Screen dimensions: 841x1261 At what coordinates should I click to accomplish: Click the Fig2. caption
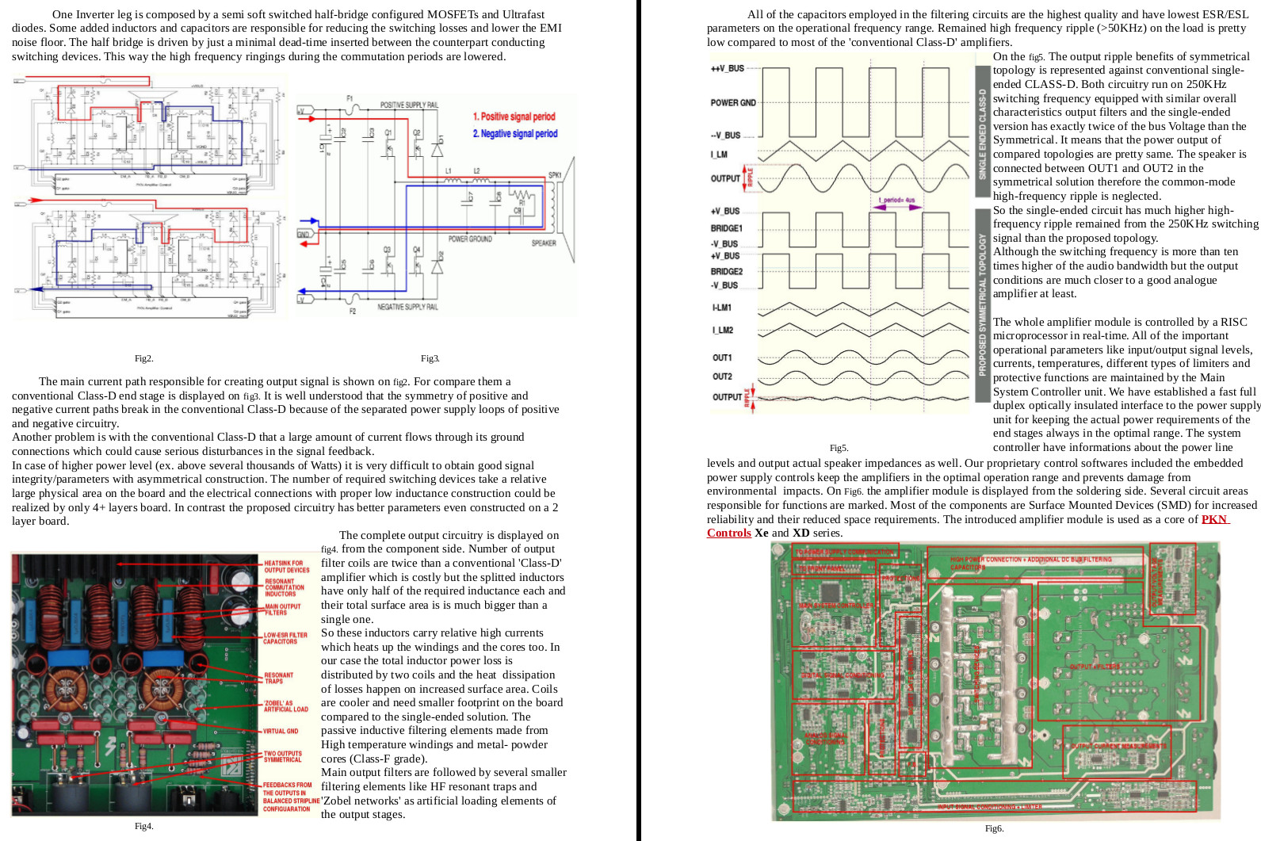point(143,359)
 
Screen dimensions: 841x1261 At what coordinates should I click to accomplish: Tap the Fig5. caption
point(839,448)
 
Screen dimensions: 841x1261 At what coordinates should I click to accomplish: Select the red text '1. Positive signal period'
point(514,117)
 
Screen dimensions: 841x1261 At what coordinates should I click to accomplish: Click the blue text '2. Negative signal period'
point(515,134)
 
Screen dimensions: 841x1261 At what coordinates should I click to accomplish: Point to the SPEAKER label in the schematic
point(544,243)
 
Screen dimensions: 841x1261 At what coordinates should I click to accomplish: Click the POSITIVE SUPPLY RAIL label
point(409,105)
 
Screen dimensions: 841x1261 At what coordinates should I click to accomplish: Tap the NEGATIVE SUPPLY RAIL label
point(407,307)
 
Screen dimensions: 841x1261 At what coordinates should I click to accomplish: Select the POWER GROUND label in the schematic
point(470,239)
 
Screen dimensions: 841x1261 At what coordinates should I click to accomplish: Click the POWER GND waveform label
point(733,103)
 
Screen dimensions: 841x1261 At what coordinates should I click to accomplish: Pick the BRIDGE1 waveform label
point(727,228)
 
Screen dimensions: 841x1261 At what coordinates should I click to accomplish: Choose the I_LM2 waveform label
point(723,330)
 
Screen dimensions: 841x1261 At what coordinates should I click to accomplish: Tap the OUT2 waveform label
point(722,377)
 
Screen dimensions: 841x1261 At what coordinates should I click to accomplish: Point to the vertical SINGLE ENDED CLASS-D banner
point(982,132)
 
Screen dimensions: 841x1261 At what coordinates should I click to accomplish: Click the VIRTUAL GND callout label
point(281,731)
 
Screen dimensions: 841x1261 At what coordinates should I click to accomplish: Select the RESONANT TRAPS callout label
point(279,679)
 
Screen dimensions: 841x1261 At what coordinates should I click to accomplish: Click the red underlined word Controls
point(728,533)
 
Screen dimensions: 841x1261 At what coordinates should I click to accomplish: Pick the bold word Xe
point(762,533)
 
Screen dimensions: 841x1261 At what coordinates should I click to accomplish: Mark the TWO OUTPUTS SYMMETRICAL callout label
point(283,756)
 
